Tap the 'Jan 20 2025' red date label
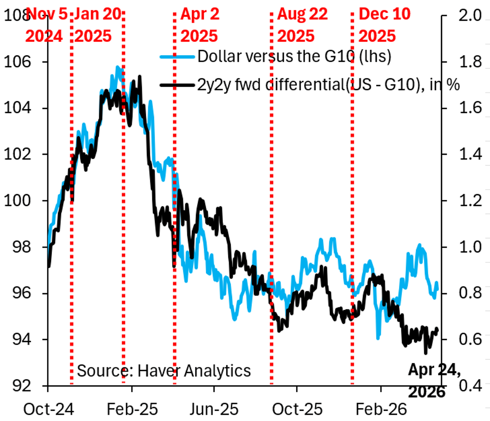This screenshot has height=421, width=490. (98, 25)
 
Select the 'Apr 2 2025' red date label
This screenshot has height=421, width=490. (200, 25)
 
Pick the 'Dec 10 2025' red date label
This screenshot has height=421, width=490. (384, 25)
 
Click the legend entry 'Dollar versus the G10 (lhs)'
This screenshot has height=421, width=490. (294, 56)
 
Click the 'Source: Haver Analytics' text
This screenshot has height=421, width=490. (164, 371)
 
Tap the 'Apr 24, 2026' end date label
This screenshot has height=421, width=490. (434, 381)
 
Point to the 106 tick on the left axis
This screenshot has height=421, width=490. (15, 62)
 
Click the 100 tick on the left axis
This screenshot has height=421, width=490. (15, 201)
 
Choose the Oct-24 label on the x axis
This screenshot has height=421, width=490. (49, 409)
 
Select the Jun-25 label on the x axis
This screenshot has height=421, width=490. (214, 409)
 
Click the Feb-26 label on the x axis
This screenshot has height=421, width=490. (381, 409)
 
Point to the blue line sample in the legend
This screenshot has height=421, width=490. (178, 56)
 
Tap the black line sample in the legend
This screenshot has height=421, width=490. (178, 85)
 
